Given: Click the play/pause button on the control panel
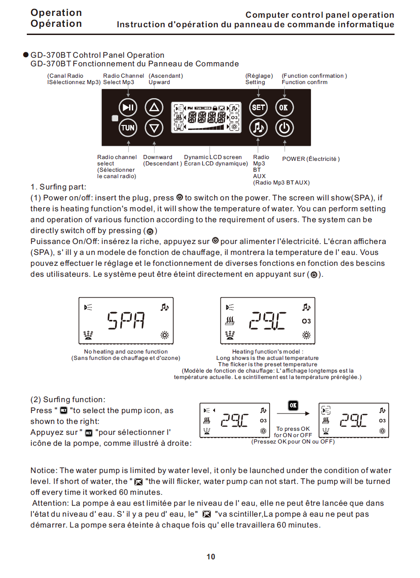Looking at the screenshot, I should click(128, 108).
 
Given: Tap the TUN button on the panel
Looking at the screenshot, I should click(128, 128).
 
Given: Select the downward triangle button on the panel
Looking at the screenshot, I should click(154, 128).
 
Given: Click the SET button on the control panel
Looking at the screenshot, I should click(258, 108).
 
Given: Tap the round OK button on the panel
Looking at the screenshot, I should click(284, 108).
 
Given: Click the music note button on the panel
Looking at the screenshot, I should click(258, 128).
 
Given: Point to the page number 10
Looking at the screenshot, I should click(210, 557).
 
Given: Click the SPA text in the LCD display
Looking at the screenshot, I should click(126, 321).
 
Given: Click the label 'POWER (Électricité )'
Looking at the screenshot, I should click(311, 159).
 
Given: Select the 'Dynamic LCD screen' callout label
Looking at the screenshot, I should click(213, 157).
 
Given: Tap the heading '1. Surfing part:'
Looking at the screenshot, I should click(58, 187).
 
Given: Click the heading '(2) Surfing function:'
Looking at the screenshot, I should click(68, 400).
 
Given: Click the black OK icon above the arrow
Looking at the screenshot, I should click(293, 405).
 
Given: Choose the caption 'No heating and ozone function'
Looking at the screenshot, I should click(126, 352).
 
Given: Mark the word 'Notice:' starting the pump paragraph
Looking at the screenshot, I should click(44, 471).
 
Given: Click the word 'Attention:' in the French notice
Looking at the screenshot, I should click(50, 503).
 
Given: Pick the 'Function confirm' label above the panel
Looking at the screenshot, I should click(304, 82).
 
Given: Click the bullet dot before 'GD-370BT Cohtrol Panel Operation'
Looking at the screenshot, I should click(26, 55).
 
